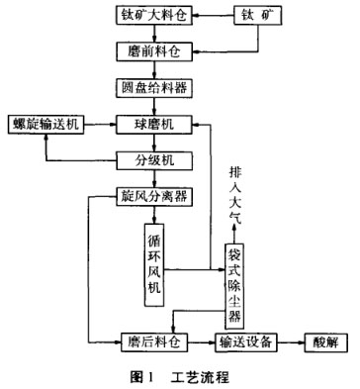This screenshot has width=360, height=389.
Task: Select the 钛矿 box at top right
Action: point(258,17)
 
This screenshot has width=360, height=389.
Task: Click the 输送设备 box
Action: point(246,342)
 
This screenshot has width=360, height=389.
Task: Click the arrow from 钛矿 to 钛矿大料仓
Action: point(219,17)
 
